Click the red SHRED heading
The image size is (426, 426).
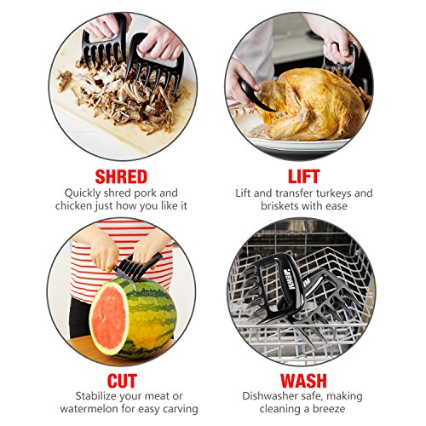click(121, 176)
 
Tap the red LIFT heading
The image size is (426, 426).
click(304, 176)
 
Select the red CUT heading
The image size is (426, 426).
click(122, 381)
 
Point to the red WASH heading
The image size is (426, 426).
click(303, 381)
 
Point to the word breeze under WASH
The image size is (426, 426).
click(329, 409)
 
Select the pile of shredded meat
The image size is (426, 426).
click(119, 95)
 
